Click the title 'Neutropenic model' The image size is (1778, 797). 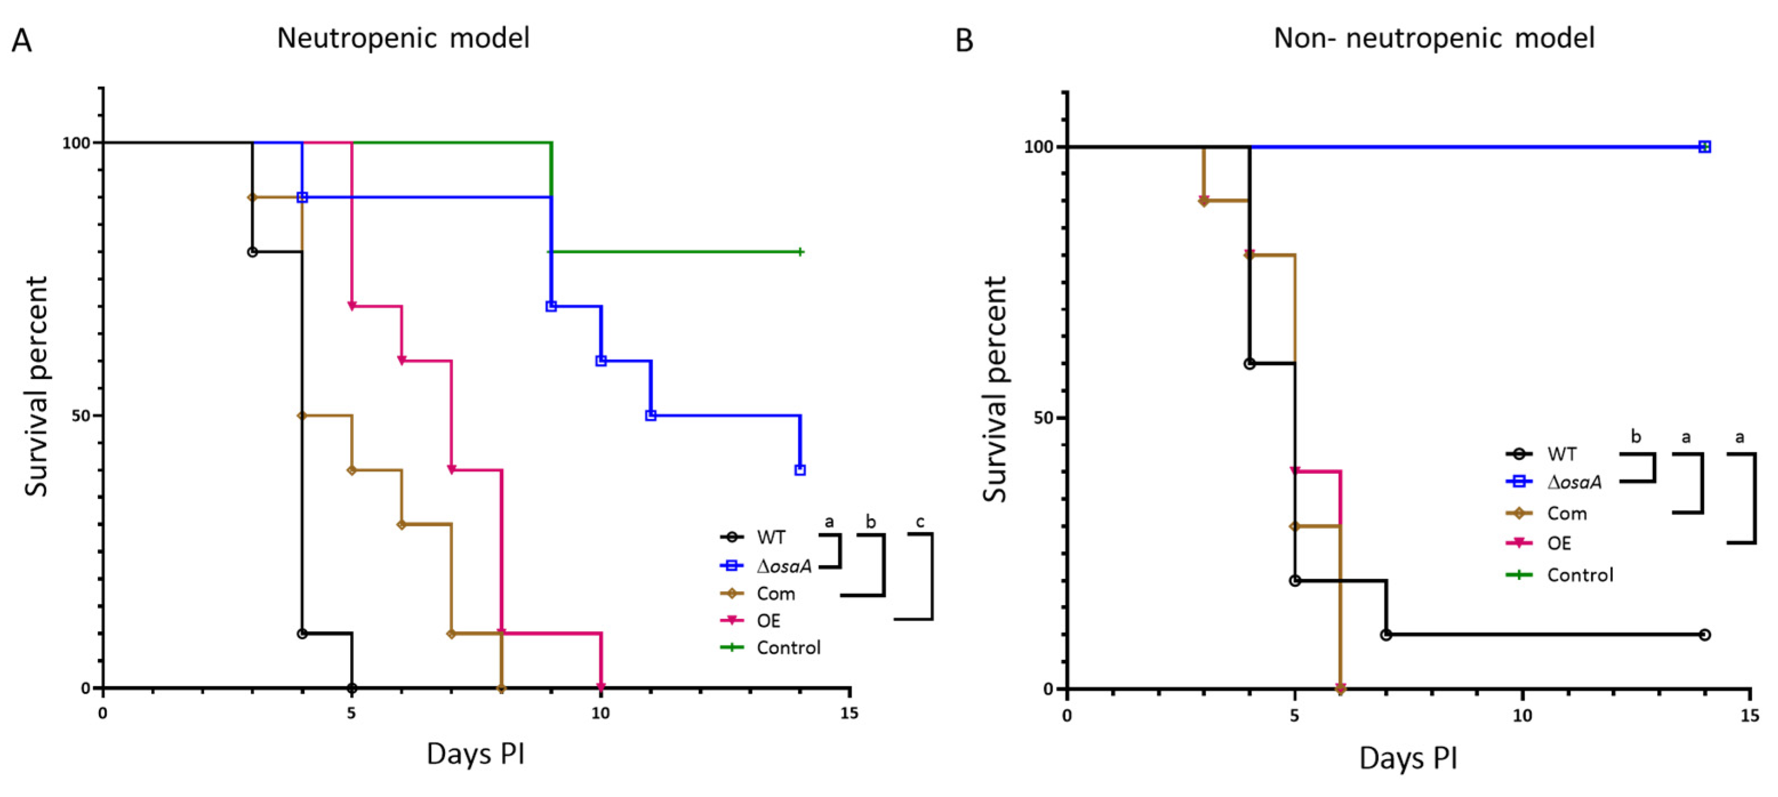coord(403,38)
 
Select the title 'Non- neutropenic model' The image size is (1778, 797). coord(1434,38)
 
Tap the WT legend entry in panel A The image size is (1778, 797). coord(770,537)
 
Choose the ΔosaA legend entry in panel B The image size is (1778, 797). coord(1574,482)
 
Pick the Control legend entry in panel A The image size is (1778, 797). coord(788,648)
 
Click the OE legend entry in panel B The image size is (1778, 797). coord(1559,544)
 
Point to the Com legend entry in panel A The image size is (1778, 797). coord(776,593)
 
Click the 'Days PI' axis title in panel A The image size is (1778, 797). coord(476,754)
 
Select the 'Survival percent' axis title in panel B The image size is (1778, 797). coord(994,389)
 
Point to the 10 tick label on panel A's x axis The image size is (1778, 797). coord(600,714)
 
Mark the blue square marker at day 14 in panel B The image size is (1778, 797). coord(1705,147)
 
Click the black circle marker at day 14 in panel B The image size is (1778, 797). coord(1705,635)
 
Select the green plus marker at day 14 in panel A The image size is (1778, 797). coord(800,252)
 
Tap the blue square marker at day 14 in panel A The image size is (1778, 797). coord(800,470)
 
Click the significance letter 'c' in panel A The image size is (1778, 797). coord(920,522)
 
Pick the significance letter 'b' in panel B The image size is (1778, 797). coord(1636,437)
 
